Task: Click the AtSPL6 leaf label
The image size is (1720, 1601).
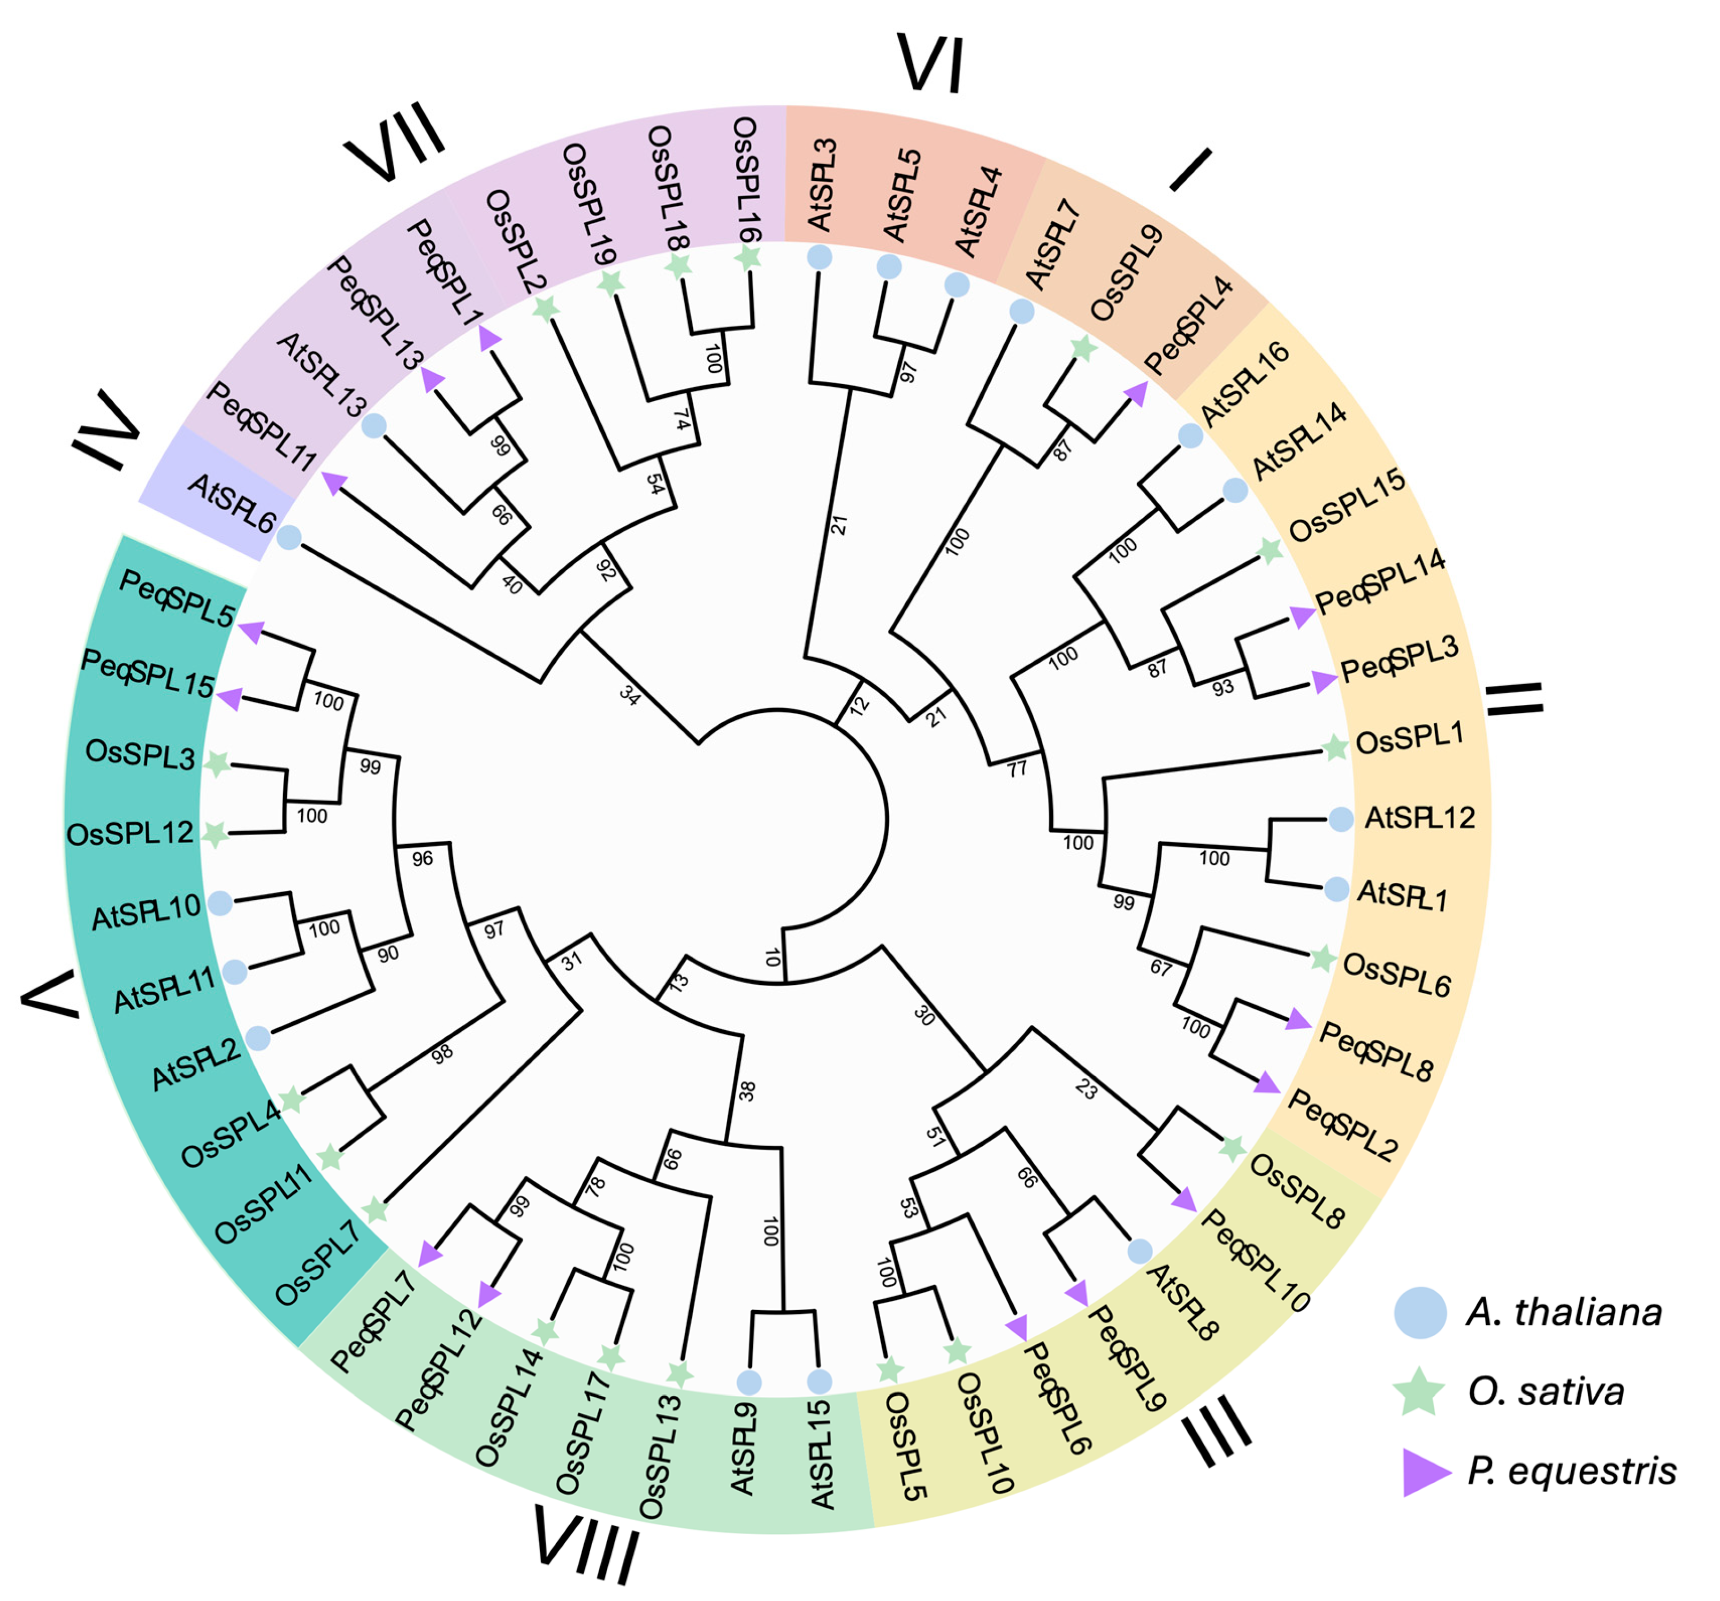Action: point(231,503)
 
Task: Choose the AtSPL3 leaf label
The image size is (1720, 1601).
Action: point(822,184)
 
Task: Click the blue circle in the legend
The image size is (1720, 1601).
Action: point(1420,1312)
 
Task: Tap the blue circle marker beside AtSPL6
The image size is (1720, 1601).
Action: point(289,538)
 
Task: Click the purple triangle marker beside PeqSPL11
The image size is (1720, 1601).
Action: point(334,482)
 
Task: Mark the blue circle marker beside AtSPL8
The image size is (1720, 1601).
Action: point(1140,1251)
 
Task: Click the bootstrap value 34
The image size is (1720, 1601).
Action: point(630,694)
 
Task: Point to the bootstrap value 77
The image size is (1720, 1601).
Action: point(1016,768)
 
